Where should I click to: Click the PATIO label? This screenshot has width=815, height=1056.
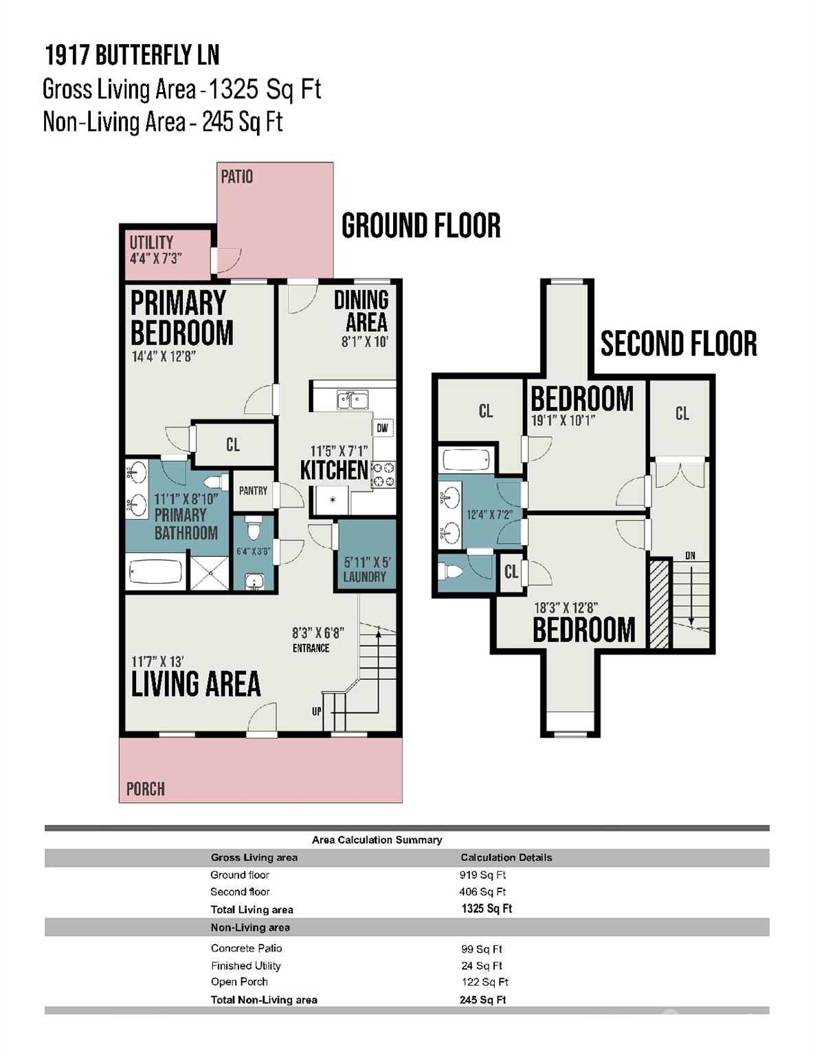236,177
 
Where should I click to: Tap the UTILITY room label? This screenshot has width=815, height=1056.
151,242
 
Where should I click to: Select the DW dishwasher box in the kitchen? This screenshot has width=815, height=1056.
383,428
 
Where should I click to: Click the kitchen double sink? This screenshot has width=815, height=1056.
352,399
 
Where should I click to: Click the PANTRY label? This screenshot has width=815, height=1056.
253,491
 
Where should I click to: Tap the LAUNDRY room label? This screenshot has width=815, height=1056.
364,577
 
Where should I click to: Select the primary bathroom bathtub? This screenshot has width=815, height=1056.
155,572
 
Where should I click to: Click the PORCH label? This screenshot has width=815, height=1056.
145,789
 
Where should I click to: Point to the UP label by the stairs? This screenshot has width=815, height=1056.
316,712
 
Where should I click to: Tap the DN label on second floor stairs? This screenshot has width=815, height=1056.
690,555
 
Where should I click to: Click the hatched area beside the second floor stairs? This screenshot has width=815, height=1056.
659,604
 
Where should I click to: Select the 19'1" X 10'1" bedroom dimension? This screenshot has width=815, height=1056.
563,420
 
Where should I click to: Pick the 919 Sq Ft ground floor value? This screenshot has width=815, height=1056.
482,875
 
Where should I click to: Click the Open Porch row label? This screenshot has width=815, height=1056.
239,982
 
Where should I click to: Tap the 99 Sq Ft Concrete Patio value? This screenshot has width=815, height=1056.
482,949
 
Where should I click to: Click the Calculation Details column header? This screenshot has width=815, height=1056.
506,857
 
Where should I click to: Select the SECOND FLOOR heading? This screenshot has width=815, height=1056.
678,344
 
